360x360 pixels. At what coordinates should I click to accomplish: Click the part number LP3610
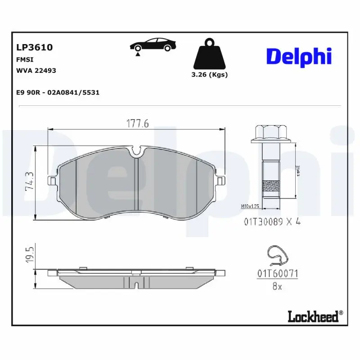coord(35,47)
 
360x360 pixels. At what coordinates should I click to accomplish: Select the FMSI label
coord(25,59)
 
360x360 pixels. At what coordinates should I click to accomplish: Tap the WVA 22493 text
coord(36,70)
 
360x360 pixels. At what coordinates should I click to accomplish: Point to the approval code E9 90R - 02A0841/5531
coord(58,92)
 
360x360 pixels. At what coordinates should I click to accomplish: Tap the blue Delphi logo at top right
coord(299,56)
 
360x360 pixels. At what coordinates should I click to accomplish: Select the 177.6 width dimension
coord(136,123)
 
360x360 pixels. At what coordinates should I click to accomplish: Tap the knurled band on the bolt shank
coord(270,185)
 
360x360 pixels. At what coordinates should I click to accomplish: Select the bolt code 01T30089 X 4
coord(272,221)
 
